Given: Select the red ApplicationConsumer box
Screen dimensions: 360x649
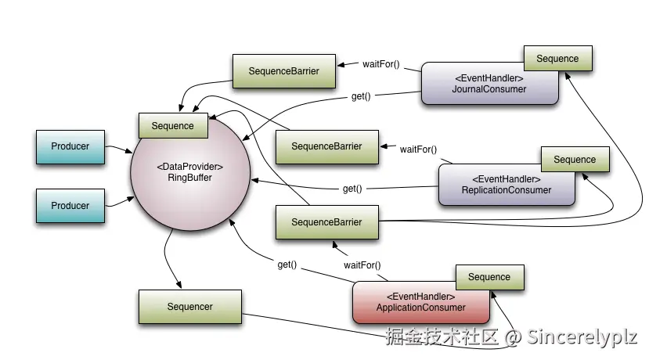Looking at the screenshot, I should click(x=420, y=302).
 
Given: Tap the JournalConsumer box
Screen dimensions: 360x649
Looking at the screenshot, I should click(x=489, y=84).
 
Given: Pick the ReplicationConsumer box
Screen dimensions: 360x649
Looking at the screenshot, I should click(x=506, y=185).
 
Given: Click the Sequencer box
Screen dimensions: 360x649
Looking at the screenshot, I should click(x=189, y=307).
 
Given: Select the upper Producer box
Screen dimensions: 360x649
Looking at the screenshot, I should click(x=70, y=146).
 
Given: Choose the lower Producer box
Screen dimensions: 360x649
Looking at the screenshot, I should click(x=70, y=206).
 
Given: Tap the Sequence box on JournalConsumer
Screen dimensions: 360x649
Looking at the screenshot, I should click(x=557, y=59).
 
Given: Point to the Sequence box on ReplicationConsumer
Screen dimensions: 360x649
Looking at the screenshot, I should click(x=575, y=160).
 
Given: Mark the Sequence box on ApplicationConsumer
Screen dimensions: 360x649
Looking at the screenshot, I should click(x=489, y=277).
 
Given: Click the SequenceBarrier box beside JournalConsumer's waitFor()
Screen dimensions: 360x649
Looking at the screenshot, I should click(x=283, y=71).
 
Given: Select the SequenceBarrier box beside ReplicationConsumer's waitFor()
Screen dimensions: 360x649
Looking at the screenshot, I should click(x=326, y=146).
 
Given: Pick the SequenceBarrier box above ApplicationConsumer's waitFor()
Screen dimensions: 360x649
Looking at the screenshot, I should click(x=326, y=222).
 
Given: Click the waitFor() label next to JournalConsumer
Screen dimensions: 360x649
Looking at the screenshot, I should click(x=380, y=63).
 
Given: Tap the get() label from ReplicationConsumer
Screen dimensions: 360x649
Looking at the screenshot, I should click(x=352, y=189).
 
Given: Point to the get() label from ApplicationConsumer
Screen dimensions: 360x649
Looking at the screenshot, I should click(x=287, y=265).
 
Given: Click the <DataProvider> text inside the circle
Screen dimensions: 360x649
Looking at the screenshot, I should click(x=189, y=167).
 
